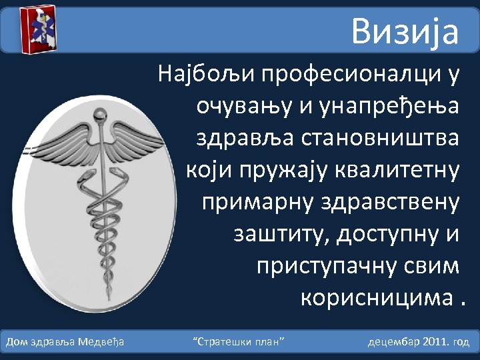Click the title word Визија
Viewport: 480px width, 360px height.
pyautogui.click(x=405, y=31)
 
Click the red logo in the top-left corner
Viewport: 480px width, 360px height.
pyautogui.click(x=37, y=30)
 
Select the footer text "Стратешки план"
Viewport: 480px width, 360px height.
pyautogui.click(x=239, y=342)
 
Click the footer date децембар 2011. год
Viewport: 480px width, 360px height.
pyautogui.click(x=419, y=342)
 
